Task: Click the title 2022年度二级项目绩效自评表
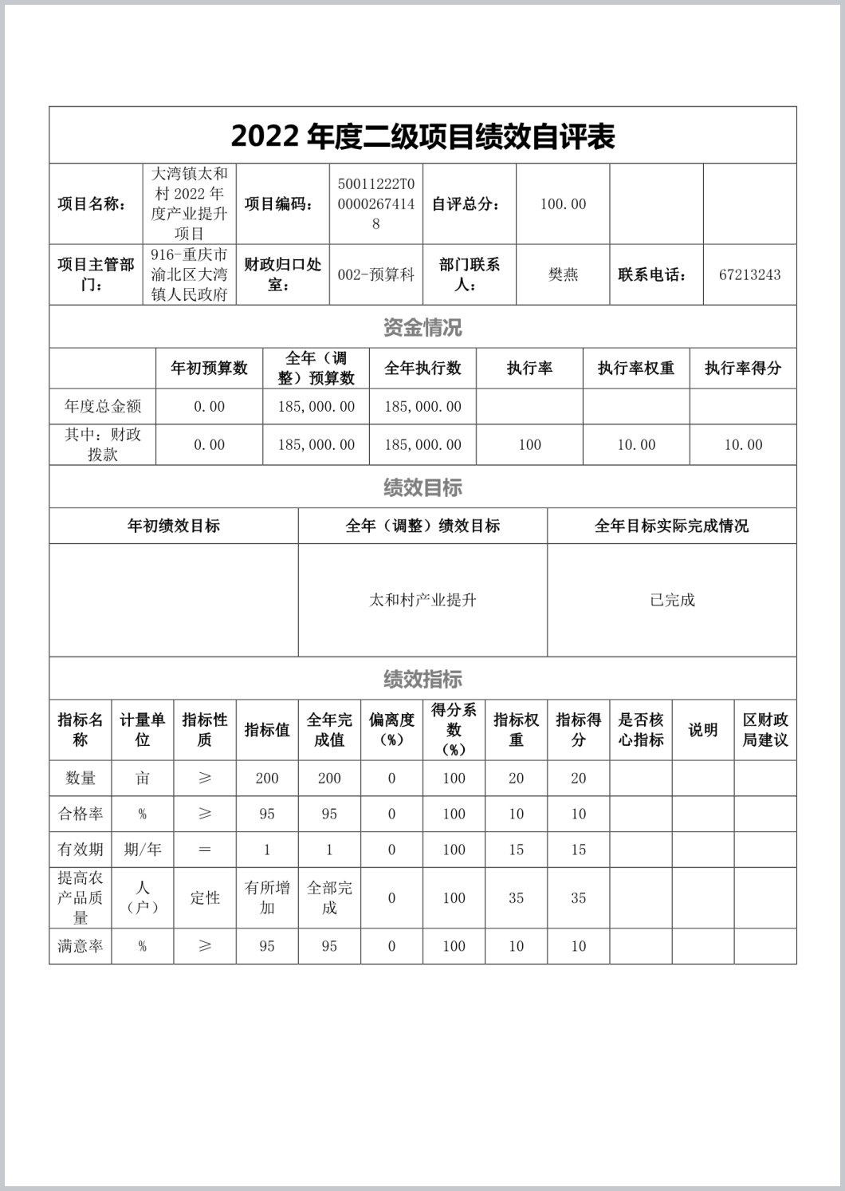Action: click(x=422, y=136)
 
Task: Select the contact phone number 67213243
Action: click(x=749, y=275)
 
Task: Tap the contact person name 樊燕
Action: click(x=563, y=275)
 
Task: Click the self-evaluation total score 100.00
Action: click(x=563, y=204)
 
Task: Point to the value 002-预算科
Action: click(x=376, y=275)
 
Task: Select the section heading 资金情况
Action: click(x=422, y=327)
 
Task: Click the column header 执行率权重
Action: click(x=636, y=369)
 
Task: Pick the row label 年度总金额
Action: click(x=103, y=407)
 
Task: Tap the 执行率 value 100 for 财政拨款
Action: click(x=529, y=445)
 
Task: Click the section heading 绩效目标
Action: click(x=422, y=487)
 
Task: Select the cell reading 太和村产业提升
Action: click(x=422, y=601)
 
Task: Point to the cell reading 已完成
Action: click(x=672, y=601)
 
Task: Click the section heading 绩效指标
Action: click(x=422, y=680)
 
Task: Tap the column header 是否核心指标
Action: click(x=641, y=730)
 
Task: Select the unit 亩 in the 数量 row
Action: click(x=143, y=779)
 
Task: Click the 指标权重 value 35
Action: click(x=517, y=898)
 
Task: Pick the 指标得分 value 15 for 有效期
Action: click(x=579, y=850)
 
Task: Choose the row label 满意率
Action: click(x=81, y=947)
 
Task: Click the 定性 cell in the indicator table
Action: click(x=205, y=898)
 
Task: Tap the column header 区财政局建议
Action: click(x=765, y=730)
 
